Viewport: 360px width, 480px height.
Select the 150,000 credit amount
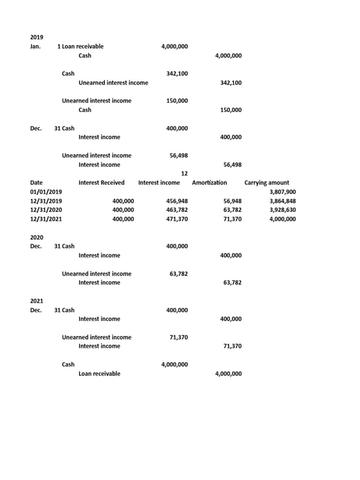[x=231, y=110]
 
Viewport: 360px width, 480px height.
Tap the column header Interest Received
[x=102, y=183]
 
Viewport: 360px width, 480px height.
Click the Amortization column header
[x=210, y=183]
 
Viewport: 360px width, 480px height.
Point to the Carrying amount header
[x=267, y=183]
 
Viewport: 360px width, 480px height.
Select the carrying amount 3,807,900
[x=283, y=192]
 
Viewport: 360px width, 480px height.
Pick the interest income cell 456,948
[x=177, y=201]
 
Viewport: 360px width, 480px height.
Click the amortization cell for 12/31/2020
[x=232, y=210]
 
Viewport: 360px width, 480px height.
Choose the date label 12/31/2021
[x=46, y=219]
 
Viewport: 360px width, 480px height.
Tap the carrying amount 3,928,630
[x=283, y=210]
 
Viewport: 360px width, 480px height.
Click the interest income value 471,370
[x=177, y=219]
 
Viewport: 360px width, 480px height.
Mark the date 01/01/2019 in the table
[x=46, y=192]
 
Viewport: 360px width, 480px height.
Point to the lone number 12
[x=184, y=174]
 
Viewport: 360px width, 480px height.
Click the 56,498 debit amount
[x=179, y=156]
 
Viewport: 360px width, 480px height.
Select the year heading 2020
[x=36, y=237]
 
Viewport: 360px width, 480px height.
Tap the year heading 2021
[x=36, y=301]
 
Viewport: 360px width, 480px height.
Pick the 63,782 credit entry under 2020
[x=232, y=283]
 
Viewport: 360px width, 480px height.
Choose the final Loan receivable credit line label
[x=99, y=374]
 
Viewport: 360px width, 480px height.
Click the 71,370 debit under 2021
[x=179, y=337]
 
